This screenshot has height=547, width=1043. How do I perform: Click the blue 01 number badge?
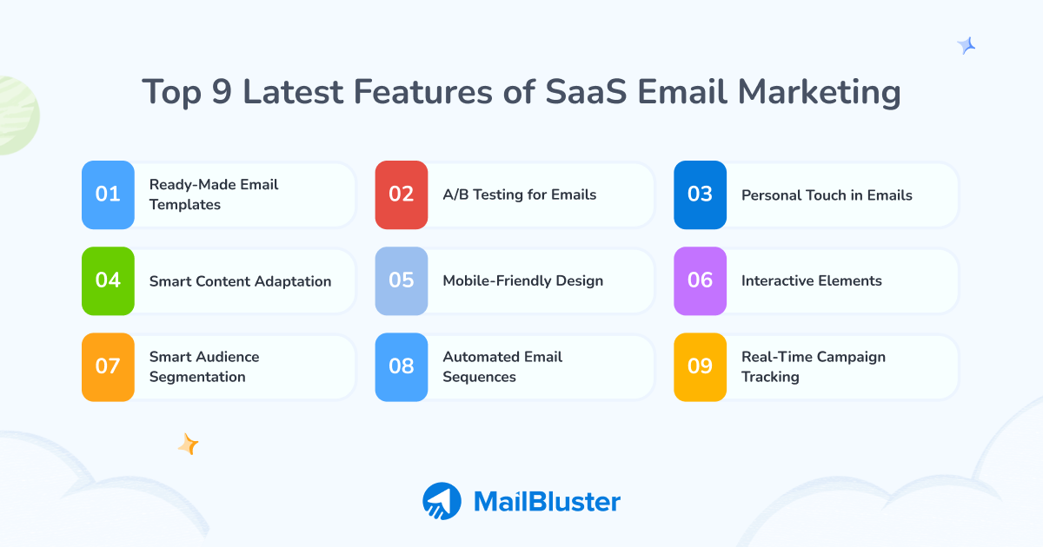tap(108, 194)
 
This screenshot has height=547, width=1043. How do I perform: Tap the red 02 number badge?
tap(402, 194)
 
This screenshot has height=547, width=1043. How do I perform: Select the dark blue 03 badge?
tap(700, 194)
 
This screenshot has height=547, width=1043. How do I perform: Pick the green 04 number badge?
tap(108, 280)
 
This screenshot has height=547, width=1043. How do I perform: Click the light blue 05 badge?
tap(402, 280)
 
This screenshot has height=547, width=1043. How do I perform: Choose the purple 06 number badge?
tap(700, 280)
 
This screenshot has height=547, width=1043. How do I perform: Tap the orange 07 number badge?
tap(108, 366)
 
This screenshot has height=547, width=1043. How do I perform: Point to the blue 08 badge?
tap(402, 366)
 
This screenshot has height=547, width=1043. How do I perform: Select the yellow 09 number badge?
tap(700, 366)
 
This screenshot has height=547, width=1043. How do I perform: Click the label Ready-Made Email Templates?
tap(214, 194)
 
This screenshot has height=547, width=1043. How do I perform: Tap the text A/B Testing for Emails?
tap(519, 194)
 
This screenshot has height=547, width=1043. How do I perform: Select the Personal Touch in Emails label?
tap(827, 195)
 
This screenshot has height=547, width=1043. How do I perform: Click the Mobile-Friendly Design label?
tap(522, 280)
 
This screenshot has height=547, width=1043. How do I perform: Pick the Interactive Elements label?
tap(811, 280)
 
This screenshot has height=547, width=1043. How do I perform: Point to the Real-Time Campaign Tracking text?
tap(813, 366)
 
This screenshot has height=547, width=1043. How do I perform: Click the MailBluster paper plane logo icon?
tap(442, 501)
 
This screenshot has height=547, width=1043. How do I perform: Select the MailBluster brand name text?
tap(547, 501)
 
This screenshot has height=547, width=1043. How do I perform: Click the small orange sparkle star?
tap(189, 445)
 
